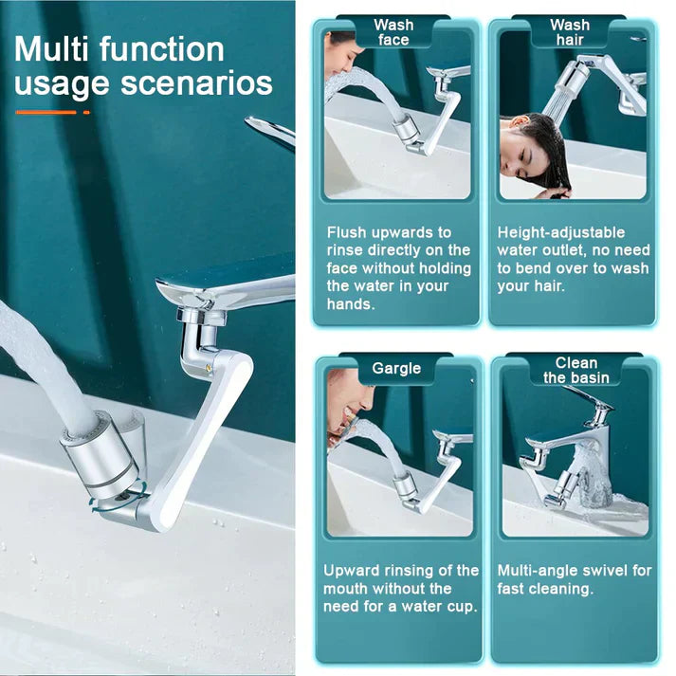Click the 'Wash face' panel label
[x=393, y=32]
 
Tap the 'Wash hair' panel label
[x=569, y=32]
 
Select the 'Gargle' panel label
[x=395, y=368]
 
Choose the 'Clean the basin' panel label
[x=576, y=370]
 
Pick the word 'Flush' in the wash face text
[x=347, y=232]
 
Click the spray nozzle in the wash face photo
[x=403, y=129]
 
